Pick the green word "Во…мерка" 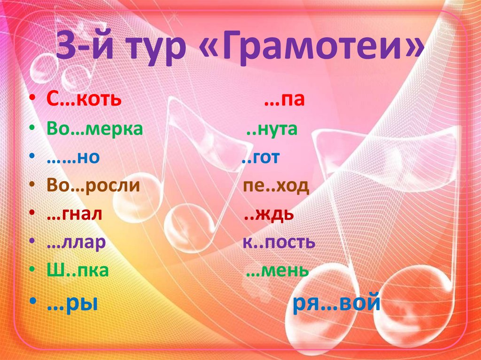point(94,129)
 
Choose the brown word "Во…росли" point(93,186)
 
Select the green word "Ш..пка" point(78,271)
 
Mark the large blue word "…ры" point(72,304)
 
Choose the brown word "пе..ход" point(276,186)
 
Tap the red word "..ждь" point(270,214)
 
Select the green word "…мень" point(277,271)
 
